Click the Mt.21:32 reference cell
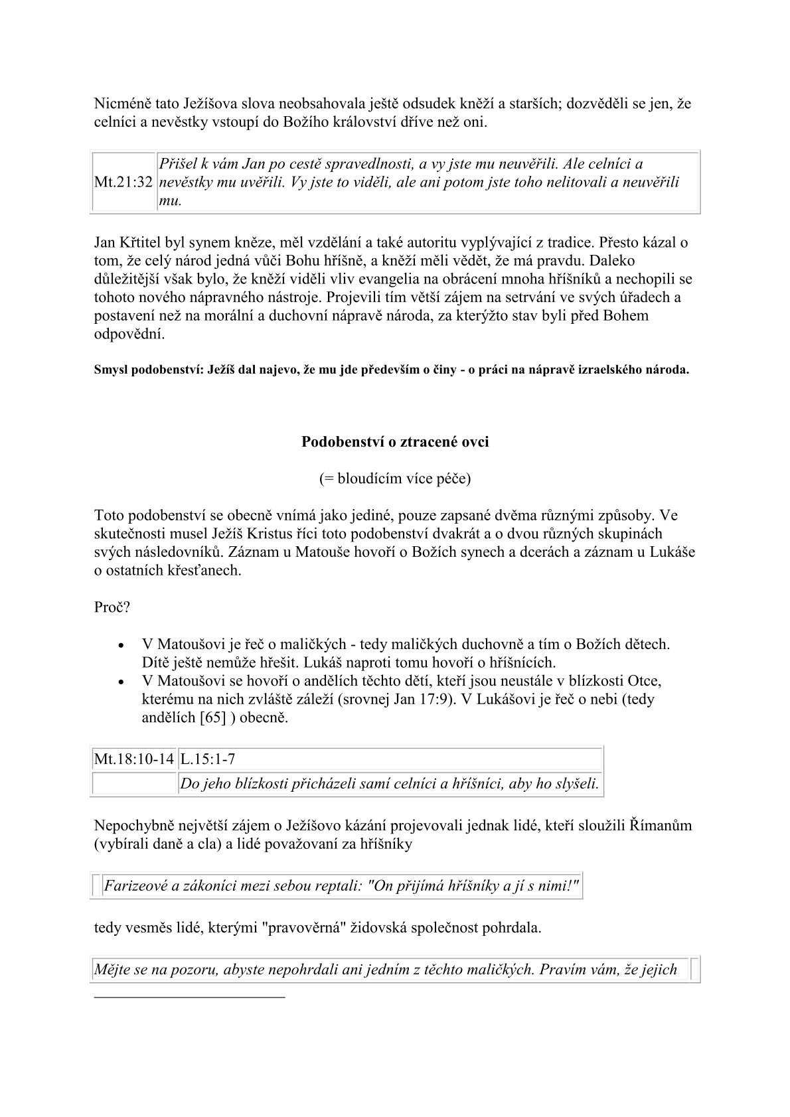click(x=124, y=183)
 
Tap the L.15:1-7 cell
click(x=207, y=759)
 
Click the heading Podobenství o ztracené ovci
click(x=395, y=441)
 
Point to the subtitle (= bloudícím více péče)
click(x=395, y=479)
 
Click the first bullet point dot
click(x=121, y=645)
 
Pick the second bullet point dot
click(x=121, y=682)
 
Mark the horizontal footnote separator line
click(x=189, y=997)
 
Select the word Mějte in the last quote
click(x=112, y=970)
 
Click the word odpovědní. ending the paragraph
click(x=129, y=334)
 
